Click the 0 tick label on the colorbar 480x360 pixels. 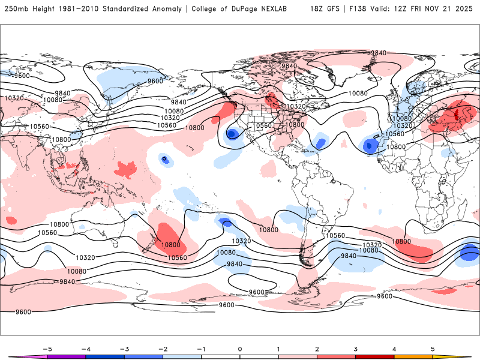click(240, 349)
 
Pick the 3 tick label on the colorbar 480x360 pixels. click(356, 349)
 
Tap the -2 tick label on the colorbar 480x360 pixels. click(163, 349)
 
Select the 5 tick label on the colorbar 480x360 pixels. click(433, 349)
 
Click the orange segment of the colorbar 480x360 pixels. click(413, 357)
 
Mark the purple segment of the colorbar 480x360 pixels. click(66, 357)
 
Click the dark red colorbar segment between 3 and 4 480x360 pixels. click(375, 357)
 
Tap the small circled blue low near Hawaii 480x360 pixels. click(164, 158)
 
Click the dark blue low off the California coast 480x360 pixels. click(231, 134)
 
